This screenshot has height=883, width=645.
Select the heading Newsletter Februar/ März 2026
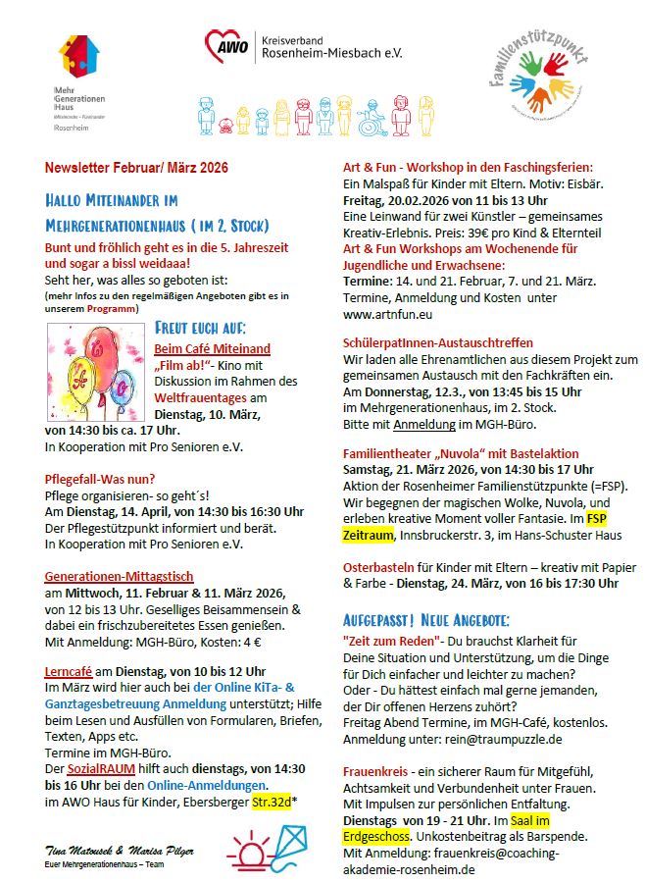coord(136,168)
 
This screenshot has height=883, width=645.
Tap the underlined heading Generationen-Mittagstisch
coord(119,576)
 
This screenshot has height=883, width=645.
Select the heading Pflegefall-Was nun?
coord(101,479)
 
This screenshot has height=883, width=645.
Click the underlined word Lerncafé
coord(69,670)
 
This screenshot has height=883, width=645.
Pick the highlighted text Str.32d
coord(276,799)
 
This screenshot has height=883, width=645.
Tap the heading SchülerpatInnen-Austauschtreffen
coord(438,343)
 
